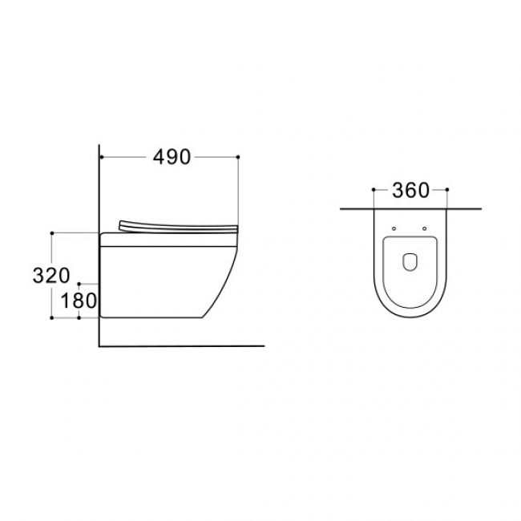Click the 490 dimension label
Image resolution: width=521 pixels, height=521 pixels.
172,157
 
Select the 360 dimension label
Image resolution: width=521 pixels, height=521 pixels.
410,191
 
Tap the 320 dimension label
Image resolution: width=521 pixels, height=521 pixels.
51,276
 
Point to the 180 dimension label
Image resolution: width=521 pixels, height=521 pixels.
79,301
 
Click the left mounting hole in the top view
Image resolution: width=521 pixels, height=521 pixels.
394,228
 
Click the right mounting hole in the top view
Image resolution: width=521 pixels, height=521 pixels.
424,228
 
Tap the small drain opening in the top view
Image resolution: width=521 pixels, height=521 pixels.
410,262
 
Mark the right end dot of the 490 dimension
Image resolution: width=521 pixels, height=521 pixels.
238,157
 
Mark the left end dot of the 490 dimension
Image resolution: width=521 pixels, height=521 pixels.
101,157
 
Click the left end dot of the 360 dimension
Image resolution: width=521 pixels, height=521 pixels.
374,189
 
